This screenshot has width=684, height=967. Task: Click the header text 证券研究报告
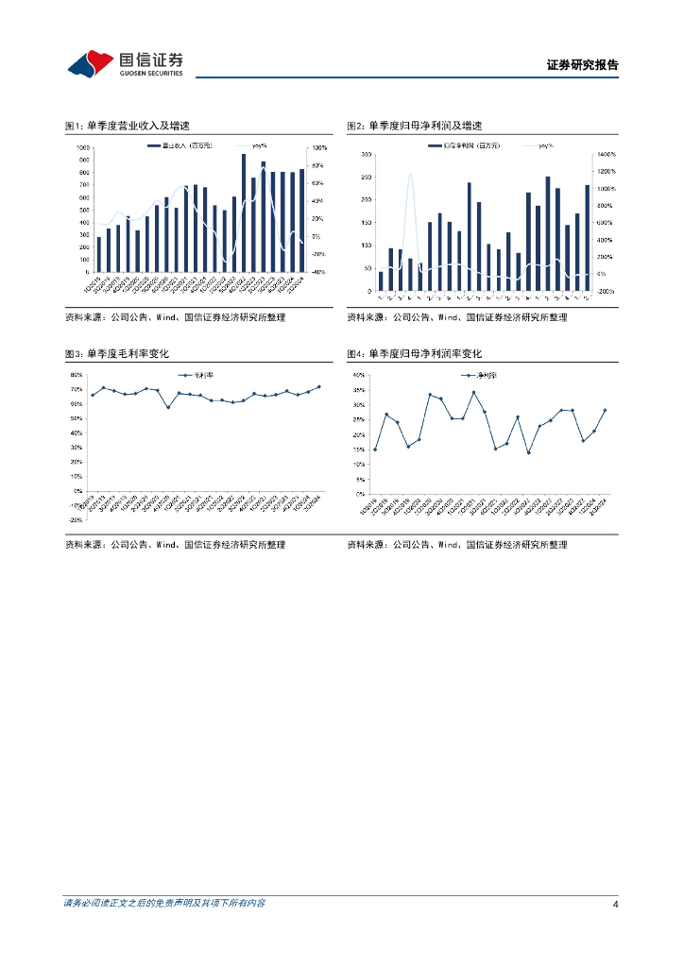point(583,65)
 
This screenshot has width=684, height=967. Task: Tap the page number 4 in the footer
point(615,904)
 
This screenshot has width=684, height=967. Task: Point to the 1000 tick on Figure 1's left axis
point(83,148)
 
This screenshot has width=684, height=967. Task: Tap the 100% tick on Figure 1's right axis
point(319,148)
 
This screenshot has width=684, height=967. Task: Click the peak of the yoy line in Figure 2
point(410,174)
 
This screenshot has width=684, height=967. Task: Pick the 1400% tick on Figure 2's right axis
point(605,154)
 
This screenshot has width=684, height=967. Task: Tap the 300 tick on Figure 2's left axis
point(365,154)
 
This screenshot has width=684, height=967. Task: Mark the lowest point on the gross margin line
point(168,407)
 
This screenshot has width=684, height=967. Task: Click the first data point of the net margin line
point(375,450)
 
